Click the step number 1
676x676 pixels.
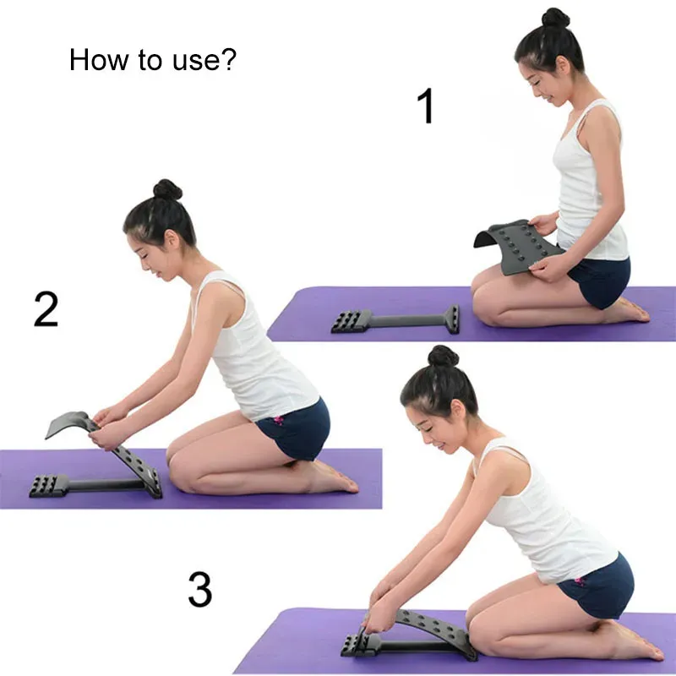(x=426, y=106)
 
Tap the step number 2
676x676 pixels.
(x=46, y=308)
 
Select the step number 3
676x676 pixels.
(x=200, y=589)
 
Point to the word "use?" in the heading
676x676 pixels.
(x=204, y=60)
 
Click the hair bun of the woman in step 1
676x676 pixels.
(x=555, y=18)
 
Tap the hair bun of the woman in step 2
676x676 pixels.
(x=167, y=189)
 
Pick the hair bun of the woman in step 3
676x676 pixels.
(x=443, y=356)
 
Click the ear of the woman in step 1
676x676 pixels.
(x=562, y=67)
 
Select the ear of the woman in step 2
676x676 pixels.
(x=172, y=240)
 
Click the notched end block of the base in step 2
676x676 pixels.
(x=48, y=486)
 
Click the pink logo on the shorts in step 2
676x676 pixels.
(x=279, y=419)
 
